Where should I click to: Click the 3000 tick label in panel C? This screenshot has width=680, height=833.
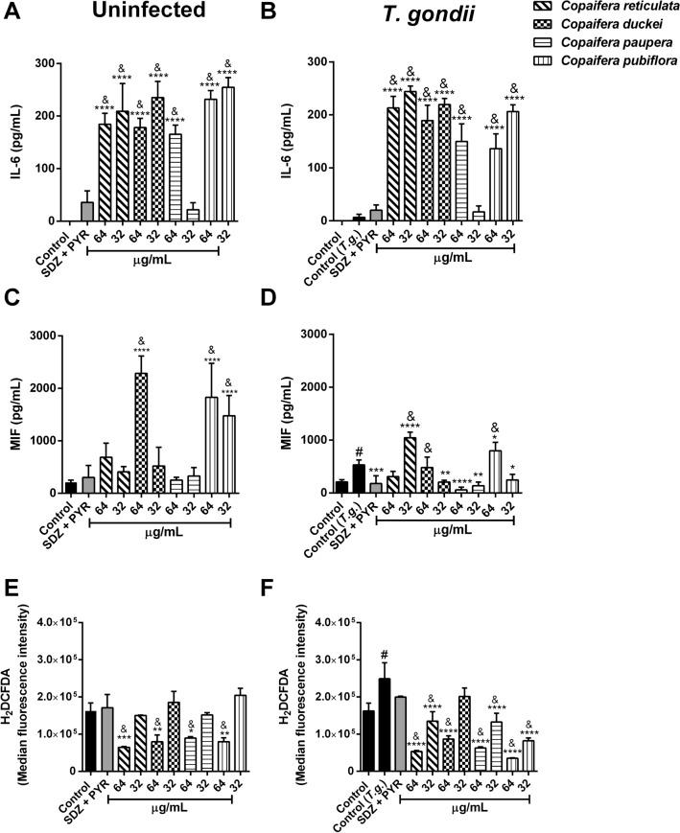pyautogui.click(x=36, y=335)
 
